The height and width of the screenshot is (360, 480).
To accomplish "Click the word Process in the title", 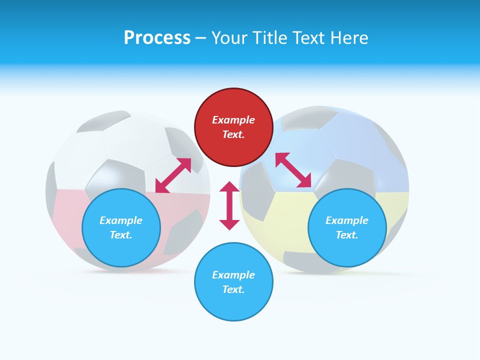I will (x=157, y=38).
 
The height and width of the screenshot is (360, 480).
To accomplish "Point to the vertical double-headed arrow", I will (x=229, y=205).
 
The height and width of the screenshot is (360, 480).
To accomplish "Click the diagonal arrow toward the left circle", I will (x=173, y=175).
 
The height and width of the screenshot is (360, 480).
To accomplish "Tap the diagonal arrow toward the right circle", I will (x=293, y=170).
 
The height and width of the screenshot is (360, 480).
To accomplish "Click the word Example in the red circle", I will (x=233, y=120).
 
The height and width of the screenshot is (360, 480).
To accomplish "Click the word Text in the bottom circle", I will (x=233, y=289).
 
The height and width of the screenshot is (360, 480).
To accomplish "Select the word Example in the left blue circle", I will (x=121, y=220).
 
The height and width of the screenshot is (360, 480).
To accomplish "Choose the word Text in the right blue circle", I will (x=347, y=235).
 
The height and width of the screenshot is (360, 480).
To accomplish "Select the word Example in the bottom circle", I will (x=233, y=275).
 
